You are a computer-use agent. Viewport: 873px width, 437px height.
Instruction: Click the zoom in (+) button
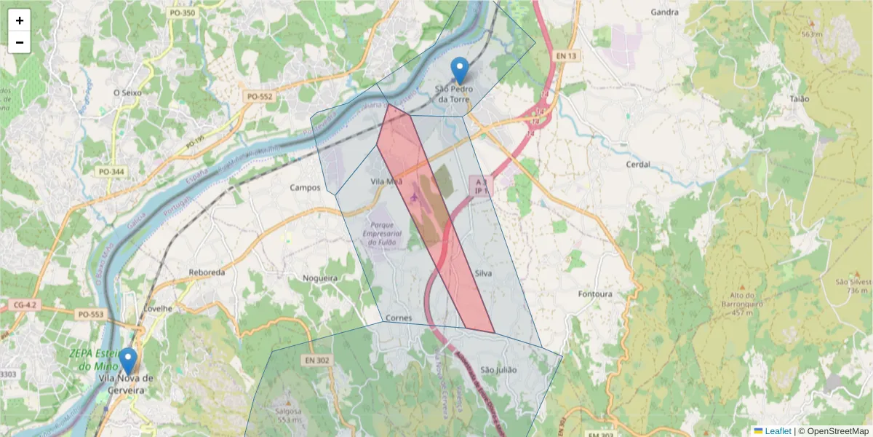(x=20, y=20)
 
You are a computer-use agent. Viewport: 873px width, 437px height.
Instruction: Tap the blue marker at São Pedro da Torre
(x=459, y=71)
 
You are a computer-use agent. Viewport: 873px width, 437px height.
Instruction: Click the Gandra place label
(x=664, y=12)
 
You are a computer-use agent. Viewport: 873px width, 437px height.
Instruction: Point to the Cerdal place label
(x=637, y=165)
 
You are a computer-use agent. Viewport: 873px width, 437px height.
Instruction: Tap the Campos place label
(x=305, y=187)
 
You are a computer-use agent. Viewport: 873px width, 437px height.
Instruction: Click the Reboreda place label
(x=207, y=272)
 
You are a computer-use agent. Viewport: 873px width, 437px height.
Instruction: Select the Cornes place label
(x=399, y=318)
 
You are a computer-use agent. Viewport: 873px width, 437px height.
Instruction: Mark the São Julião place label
(x=498, y=370)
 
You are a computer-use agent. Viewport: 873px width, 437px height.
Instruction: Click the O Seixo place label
(x=127, y=92)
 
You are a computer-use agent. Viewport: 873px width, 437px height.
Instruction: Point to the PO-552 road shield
(x=260, y=96)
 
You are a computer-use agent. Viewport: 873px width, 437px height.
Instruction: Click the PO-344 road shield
(x=111, y=172)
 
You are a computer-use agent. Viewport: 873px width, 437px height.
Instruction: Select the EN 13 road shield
(x=566, y=56)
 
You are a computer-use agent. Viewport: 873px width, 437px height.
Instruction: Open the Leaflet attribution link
(x=777, y=431)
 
